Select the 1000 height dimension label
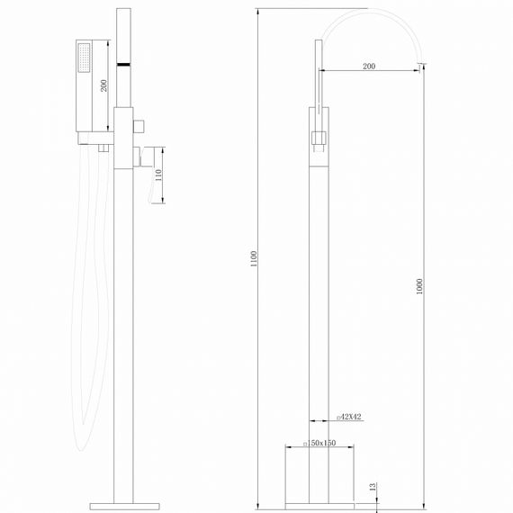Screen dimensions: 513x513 coord(420,287)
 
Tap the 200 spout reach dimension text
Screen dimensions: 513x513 coord(369,67)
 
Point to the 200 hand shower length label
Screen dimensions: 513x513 coord(104,85)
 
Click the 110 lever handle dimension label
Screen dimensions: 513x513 coord(159,175)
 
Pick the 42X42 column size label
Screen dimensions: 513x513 coord(348,417)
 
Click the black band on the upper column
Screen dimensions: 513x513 coord(124,65)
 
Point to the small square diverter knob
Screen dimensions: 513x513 coord(139,123)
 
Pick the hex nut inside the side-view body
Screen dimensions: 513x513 coord(318,139)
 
